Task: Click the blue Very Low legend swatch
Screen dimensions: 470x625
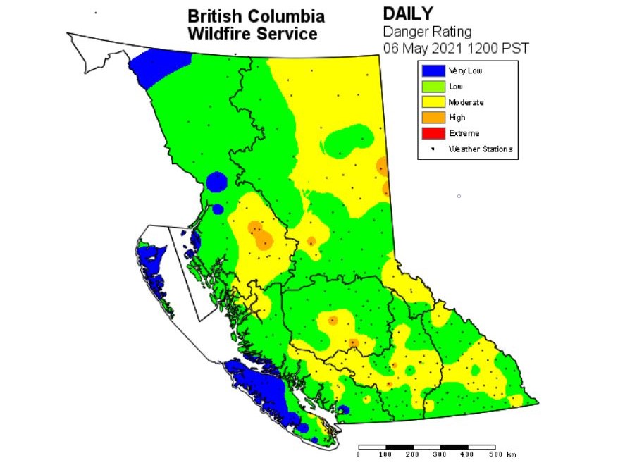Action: [433, 70]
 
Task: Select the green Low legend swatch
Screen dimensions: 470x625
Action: [433, 86]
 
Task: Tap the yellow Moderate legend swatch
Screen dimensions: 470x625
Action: [433, 102]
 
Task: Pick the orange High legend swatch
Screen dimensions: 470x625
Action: [433, 118]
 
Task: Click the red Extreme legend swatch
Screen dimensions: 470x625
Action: [433, 133]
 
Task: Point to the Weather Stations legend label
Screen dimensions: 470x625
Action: [480, 149]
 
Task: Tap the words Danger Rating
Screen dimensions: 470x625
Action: [427, 31]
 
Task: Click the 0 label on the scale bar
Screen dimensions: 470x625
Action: [359, 454]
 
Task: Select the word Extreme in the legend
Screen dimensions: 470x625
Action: [464, 133]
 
